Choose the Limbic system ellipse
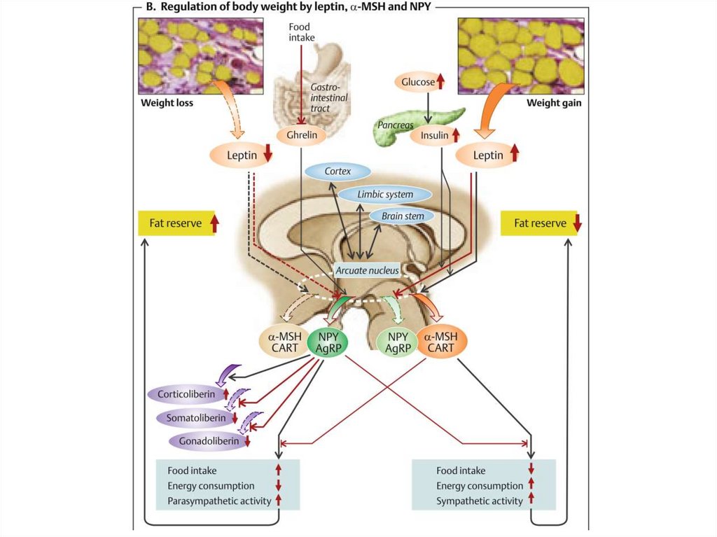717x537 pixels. [x=384, y=195]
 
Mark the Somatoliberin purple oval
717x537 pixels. [x=196, y=418]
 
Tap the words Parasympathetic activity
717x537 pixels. [x=219, y=501]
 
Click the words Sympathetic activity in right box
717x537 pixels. [x=480, y=501]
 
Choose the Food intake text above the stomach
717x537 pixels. [x=303, y=32]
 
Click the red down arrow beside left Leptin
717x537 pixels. [x=267, y=155]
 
